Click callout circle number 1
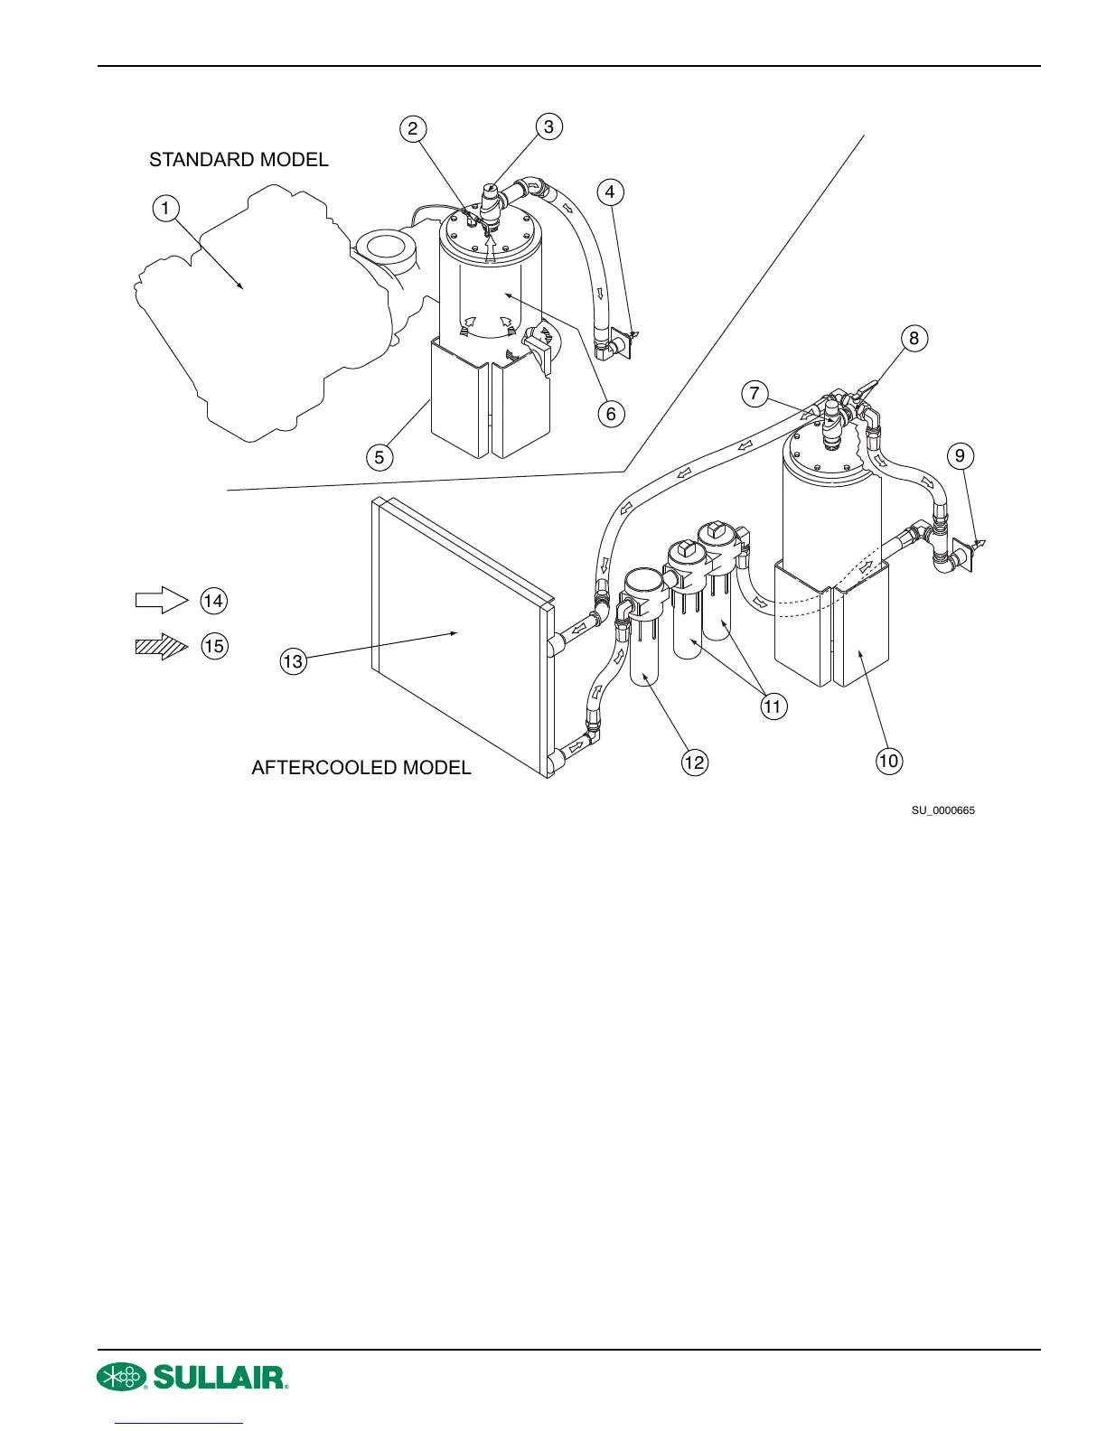pos(164,210)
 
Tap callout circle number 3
pos(548,126)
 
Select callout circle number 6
pos(611,414)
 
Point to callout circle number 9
pos(961,456)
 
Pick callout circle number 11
pos(773,706)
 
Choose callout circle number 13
pos(293,661)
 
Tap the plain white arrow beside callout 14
pos(161,600)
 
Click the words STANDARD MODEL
pos(239,160)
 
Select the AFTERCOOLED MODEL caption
pos(361,768)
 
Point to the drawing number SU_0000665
pos(942,810)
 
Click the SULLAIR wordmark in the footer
pos(220,1377)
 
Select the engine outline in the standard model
pos(262,307)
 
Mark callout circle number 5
pos(380,457)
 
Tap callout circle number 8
pos(914,338)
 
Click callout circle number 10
pos(888,761)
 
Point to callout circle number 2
pos(412,128)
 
